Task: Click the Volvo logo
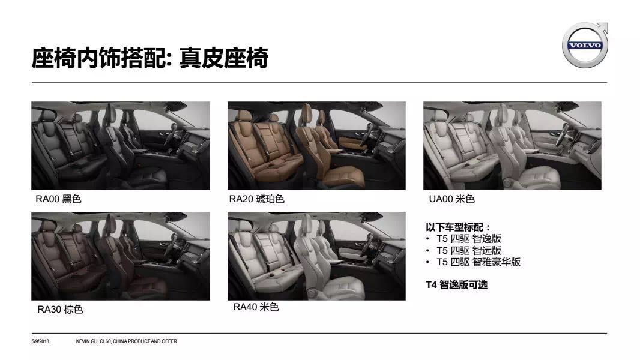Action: pyautogui.click(x=585, y=44)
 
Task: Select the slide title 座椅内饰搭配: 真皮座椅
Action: pyautogui.click(x=150, y=58)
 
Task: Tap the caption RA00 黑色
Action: pyautogui.click(x=58, y=199)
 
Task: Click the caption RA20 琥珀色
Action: pyautogui.click(x=256, y=199)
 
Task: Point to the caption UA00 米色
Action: pyautogui.click(x=451, y=199)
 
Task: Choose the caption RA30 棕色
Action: pyautogui.click(x=60, y=310)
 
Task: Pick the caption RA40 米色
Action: pyautogui.click(x=256, y=307)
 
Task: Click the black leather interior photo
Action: pyautogui.click(x=121, y=146)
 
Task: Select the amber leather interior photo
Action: pyautogui.click(x=317, y=146)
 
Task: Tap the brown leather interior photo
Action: pyautogui.click(x=121, y=256)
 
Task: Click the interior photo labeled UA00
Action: pyautogui.click(x=512, y=146)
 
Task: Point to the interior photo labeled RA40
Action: pyautogui.click(x=317, y=256)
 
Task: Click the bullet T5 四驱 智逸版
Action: pyautogui.click(x=468, y=239)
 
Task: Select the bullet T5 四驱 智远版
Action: pyautogui.click(x=468, y=250)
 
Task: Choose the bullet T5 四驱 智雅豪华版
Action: pyautogui.click(x=478, y=262)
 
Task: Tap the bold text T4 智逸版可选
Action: pyautogui.click(x=457, y=284)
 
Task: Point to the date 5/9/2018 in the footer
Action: pyautogui.click(x=40, y=341)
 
